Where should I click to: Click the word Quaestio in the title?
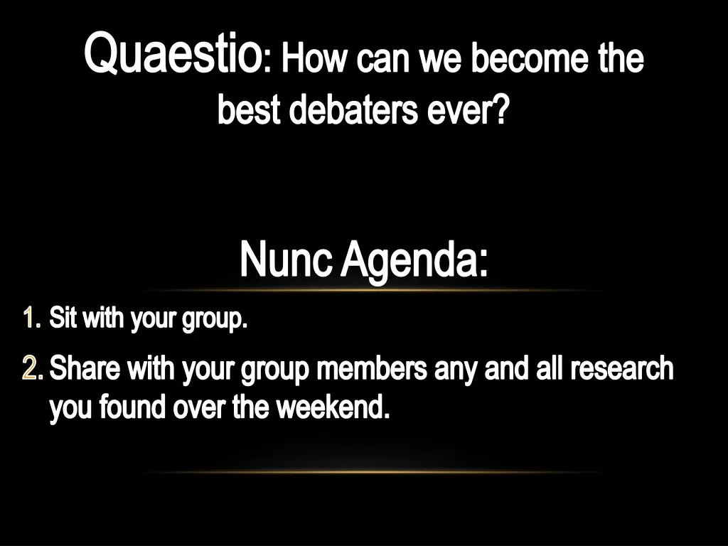171,55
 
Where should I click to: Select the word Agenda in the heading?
414,262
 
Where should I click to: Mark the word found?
128,407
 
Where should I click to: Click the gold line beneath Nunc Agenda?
370,290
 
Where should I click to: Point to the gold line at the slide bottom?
370,471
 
